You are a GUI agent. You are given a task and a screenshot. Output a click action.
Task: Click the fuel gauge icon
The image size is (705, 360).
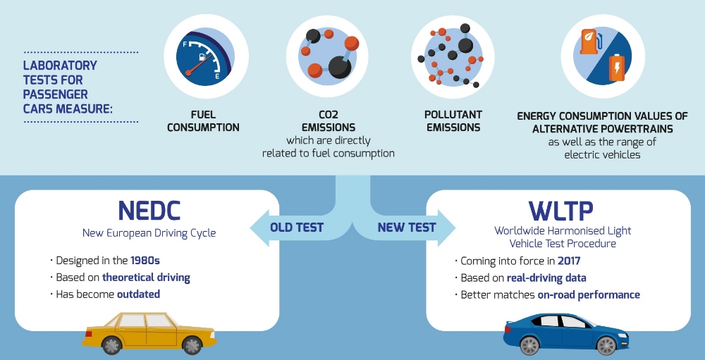206,56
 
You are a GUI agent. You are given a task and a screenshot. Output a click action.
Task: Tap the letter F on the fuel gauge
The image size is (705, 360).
185,45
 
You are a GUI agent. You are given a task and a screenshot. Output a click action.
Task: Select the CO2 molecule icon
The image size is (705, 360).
328,55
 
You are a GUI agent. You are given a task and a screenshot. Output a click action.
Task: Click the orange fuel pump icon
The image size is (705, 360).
588,42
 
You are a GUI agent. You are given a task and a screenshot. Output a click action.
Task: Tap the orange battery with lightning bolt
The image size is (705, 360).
617,68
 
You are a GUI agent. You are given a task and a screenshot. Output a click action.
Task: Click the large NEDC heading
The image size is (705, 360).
149,211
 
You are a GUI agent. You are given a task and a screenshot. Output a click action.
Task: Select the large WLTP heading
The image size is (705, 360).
561,211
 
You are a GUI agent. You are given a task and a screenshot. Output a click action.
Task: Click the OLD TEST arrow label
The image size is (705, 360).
297,228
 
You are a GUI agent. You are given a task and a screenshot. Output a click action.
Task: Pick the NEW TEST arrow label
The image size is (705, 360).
407,228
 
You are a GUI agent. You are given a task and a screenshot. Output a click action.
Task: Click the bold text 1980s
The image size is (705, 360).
146,261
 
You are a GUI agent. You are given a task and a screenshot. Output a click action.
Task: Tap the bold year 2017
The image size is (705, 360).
569,261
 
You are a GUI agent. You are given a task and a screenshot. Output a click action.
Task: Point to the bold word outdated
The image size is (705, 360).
138,294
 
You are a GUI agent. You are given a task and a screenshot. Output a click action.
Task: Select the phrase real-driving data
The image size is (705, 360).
546,278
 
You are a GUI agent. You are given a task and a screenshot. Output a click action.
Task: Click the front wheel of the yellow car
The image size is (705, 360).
192,345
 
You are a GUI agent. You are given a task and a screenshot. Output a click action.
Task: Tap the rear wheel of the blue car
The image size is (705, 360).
529,345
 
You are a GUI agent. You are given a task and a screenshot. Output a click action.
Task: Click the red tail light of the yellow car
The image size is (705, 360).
87,335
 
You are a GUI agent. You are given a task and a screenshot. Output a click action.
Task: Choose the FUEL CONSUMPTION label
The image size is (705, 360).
203,121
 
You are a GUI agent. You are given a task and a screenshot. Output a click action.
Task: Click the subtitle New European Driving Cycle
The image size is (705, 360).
149,233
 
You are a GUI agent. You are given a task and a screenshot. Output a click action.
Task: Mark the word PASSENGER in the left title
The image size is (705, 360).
56,94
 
